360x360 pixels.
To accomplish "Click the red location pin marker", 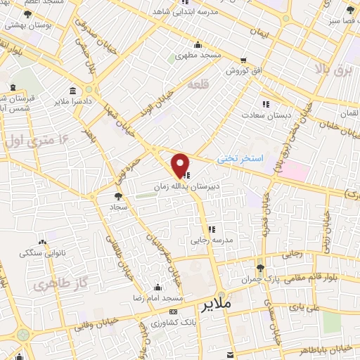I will [x=180, y=165].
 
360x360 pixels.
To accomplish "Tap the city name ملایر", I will [x=215, y=306].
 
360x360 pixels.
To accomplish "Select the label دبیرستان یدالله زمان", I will [x=180, y=188].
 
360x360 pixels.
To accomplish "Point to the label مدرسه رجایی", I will [x=211, y=240].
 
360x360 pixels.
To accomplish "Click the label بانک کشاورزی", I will [x=172, y=323].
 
